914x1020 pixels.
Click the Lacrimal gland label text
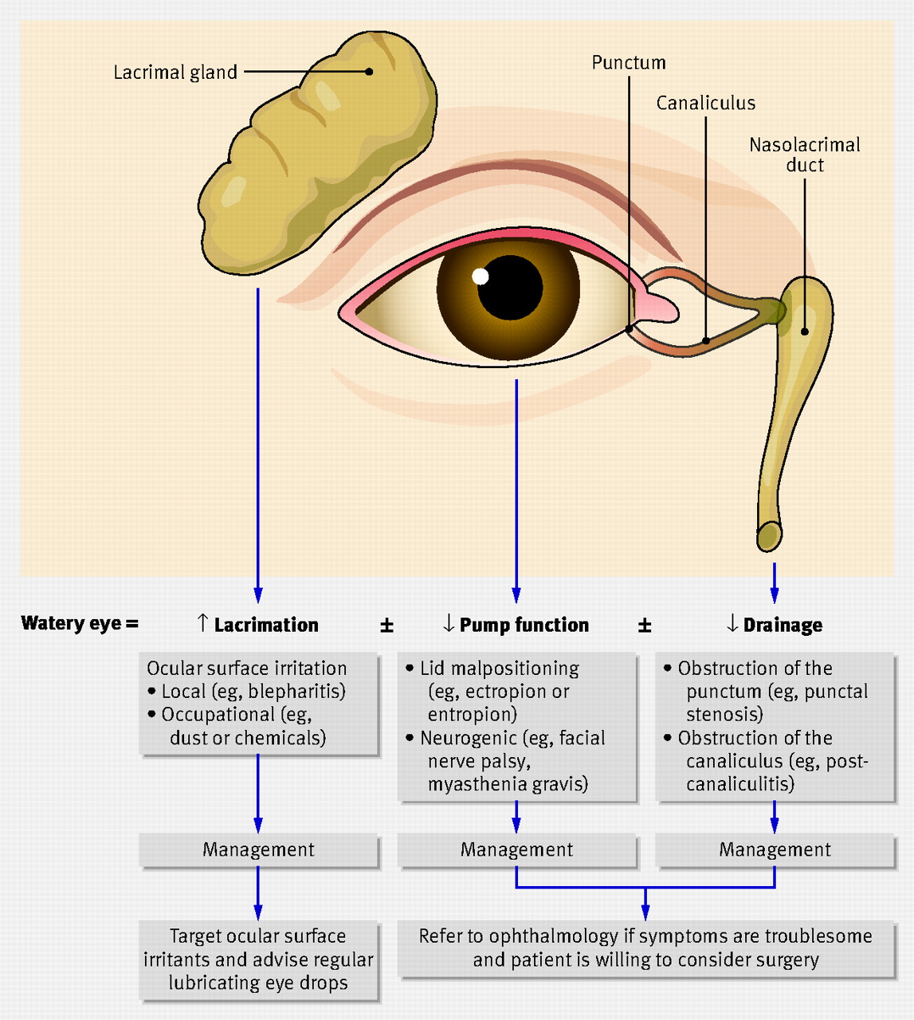[175, 73]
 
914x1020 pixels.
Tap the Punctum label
[628, 63]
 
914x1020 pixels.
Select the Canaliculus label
[705, 104]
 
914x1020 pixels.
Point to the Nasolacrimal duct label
[804, 155]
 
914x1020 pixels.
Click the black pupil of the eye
[510, 288]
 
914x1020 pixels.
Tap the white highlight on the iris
[480, 277]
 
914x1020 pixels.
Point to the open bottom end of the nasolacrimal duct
[769, 535]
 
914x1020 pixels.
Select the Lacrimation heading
[265, 626]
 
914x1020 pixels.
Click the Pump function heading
[524, 626]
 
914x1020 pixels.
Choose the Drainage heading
[782, 626]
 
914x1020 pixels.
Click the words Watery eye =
[80, 624]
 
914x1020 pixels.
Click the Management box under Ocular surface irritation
[258, 850]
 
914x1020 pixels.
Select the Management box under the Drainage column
[775, 850]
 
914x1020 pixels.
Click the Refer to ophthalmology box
[645, 947]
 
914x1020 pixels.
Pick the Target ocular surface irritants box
[258, 959]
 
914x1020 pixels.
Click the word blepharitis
[294, 692]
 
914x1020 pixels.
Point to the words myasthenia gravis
[508, 784]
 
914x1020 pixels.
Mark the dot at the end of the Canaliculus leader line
[706, 341]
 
